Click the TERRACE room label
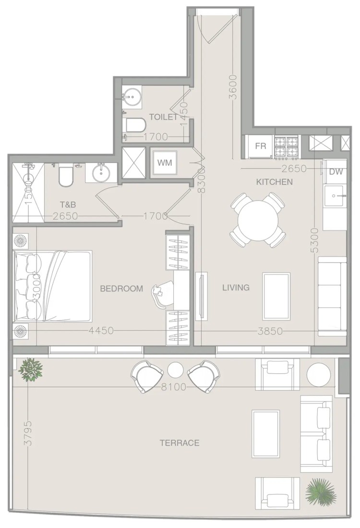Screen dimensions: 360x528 180,443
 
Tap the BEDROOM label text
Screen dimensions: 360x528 121,288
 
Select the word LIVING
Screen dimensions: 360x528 236,287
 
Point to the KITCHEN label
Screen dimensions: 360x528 275,182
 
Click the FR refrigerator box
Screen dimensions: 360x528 260,146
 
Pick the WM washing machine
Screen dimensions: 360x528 165,163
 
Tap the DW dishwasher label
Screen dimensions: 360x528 336,172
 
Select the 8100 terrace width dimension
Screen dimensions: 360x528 173,387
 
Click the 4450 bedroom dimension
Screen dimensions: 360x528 101,331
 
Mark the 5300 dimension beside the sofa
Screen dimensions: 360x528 314,240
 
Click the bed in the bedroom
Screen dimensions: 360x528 52,286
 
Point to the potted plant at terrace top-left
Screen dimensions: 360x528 31,370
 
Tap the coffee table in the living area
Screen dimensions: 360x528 276,296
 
